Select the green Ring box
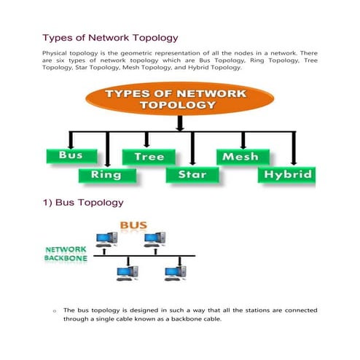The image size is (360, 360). [106, 174]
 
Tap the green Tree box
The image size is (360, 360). [149, 156]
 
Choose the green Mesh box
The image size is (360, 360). [240, 156]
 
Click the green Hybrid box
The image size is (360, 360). [287, 174]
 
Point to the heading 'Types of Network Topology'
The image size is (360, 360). [109, 37]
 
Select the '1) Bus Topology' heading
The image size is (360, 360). [83, 201]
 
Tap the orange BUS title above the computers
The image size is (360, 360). [135, 225]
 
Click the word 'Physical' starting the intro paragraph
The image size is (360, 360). [55, 54]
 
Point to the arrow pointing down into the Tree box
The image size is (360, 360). [147, 141]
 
